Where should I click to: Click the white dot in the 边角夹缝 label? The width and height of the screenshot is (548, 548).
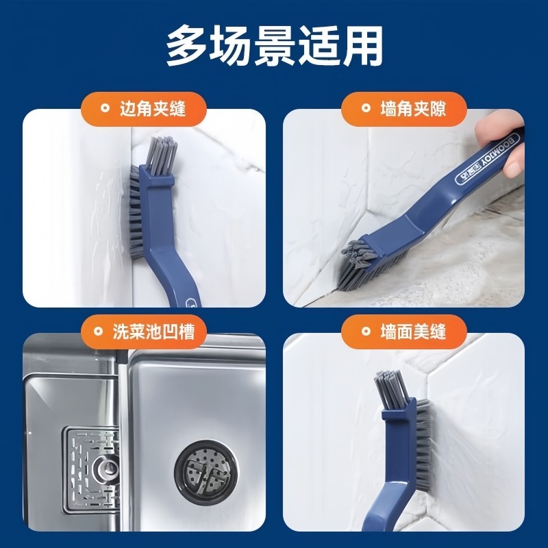[104, 108]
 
